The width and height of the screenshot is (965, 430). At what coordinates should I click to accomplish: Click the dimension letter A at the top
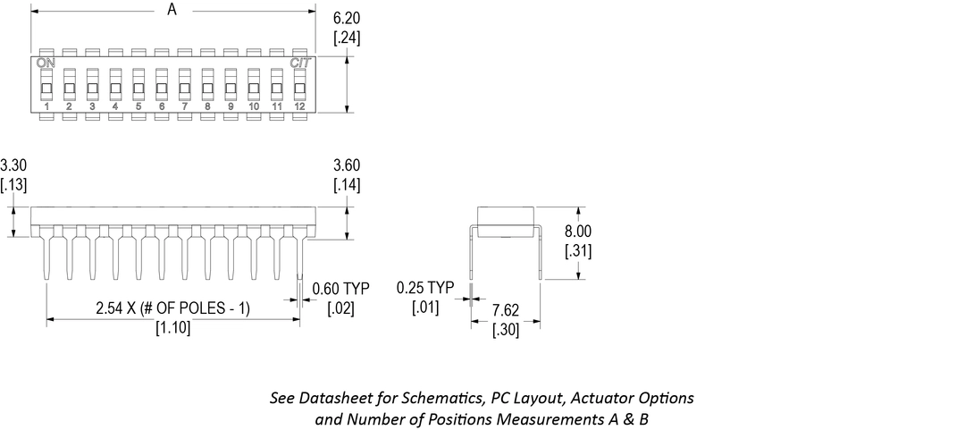point(172,10)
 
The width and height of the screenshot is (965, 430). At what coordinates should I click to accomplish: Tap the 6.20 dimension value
point(347,18)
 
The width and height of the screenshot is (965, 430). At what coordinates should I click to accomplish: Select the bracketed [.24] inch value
point(347,38)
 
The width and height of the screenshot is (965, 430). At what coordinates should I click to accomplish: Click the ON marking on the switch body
point(45,63)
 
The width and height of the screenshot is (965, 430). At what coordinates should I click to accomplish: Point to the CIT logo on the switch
point(300,63)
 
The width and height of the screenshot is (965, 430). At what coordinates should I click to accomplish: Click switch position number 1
point(46,107)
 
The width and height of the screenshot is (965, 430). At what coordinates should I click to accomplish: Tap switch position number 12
point(300,107)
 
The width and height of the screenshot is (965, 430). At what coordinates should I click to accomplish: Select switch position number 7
point(185,107)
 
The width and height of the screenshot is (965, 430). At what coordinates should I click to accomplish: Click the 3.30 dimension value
point(13,165)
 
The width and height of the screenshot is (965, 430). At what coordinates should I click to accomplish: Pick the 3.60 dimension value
point(347,165)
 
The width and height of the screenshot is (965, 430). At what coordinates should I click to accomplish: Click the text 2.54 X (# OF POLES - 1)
point(173,308)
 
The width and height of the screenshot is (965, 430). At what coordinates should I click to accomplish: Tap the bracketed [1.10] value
point(173,328)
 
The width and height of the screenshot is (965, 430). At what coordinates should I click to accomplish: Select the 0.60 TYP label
point(340,288)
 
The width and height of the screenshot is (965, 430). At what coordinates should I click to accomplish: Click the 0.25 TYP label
point(424,288)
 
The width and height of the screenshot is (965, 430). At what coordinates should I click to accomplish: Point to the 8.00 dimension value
point(578,231)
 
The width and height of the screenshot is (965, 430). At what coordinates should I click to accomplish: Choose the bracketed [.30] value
point(507,329)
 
